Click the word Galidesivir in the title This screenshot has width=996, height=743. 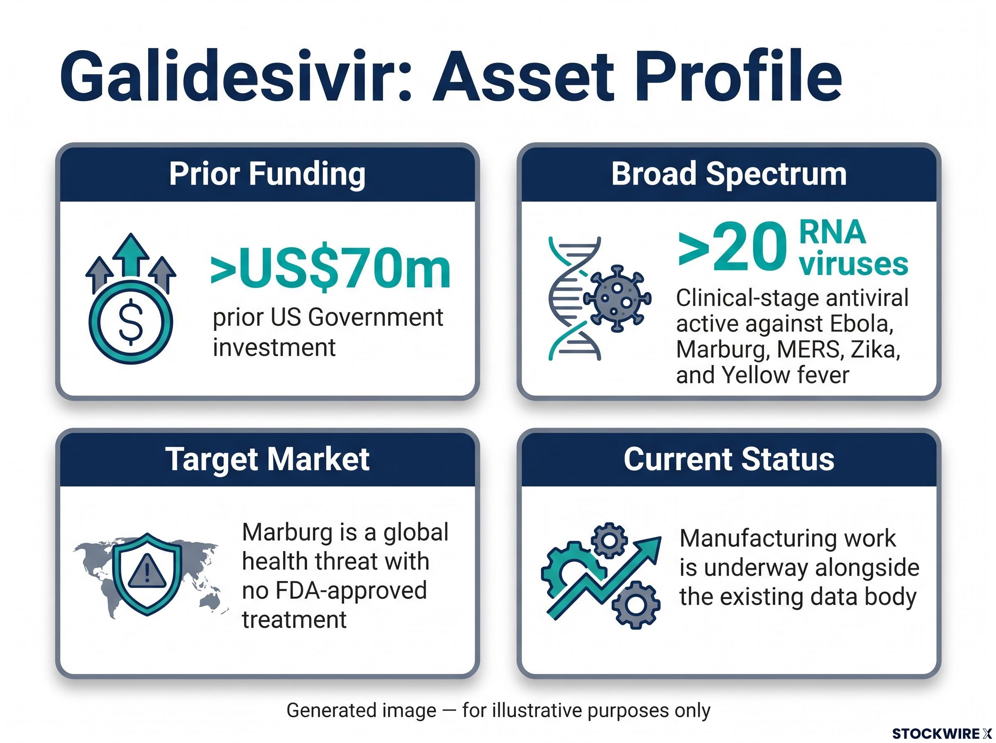click(236, 77)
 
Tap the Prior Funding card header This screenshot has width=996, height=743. click(267, 174)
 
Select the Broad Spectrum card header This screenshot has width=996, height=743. click(729, 174)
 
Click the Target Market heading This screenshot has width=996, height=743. click(267, 459)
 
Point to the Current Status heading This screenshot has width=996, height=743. click(729, 459)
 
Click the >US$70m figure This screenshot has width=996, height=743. click(331, 271)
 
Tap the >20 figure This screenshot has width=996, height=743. click(732, 246)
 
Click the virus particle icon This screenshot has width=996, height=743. click(617, 299)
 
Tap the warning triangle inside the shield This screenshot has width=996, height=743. click(147, 572)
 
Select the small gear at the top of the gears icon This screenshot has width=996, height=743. click(608, 540)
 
